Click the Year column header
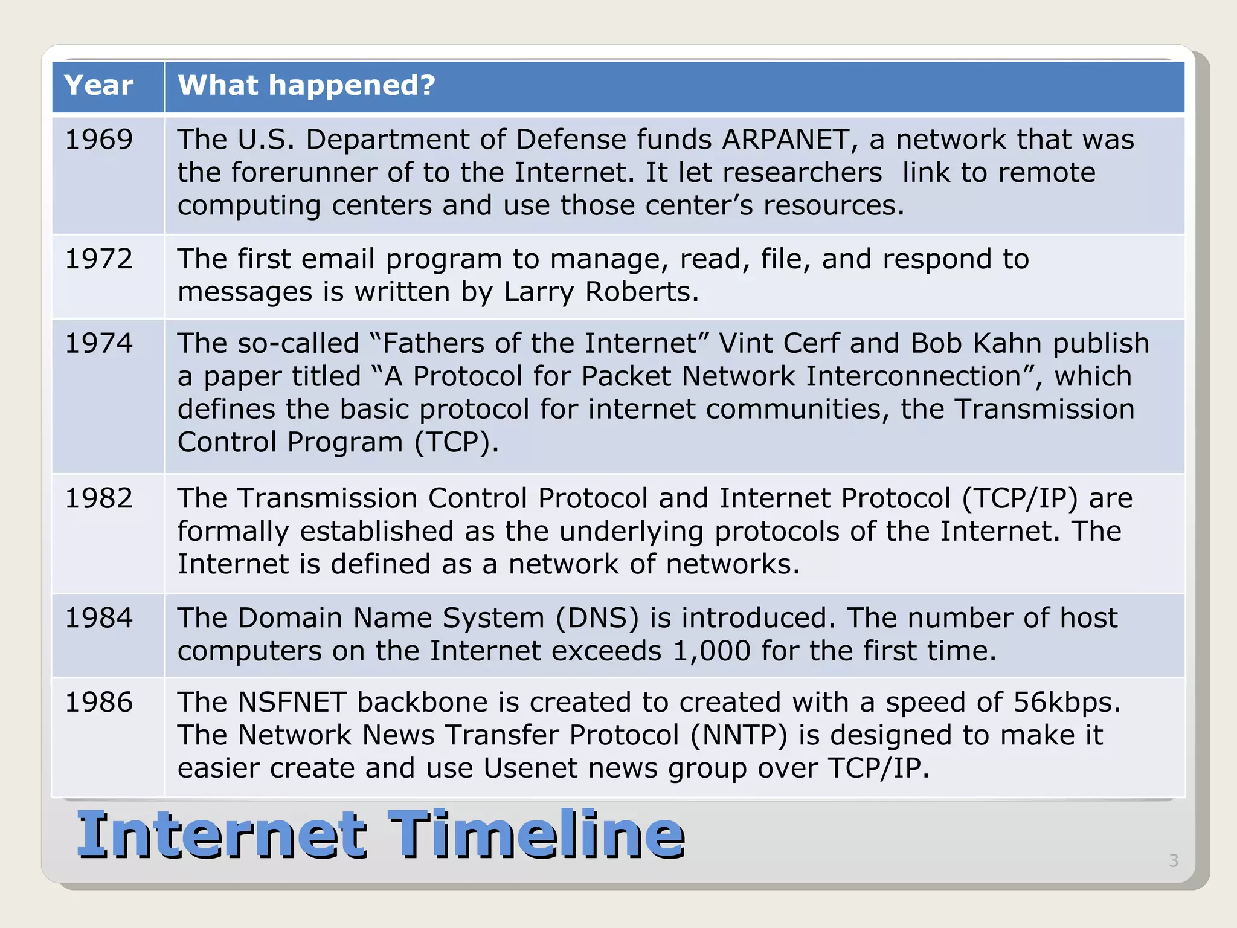(98, 85)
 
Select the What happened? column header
(306, 85)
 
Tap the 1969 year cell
(98, 140)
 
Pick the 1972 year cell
(98, 259)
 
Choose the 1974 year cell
(98, 343)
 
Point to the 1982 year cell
(98, 498)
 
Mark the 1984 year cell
(98, 618)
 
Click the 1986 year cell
(98, 702)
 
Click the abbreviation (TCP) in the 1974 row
(457, 442)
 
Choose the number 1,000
(711, 651)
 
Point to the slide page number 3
(1173, 860)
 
